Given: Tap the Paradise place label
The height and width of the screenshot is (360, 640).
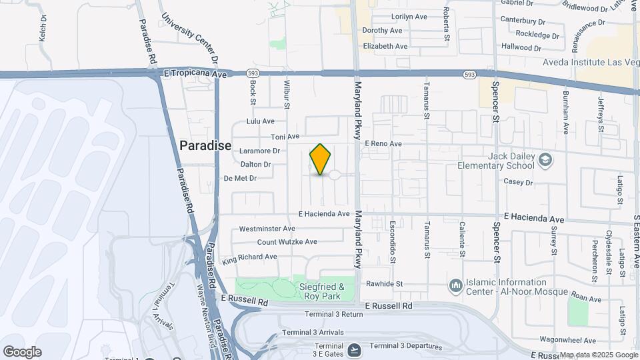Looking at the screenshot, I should (x=205, y=145).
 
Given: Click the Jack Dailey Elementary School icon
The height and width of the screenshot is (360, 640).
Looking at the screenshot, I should (x=545, y=159).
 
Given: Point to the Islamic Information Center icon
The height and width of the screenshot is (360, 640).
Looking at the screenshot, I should (x=456, y=285).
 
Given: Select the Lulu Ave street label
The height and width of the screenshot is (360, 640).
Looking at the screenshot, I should (x=260, y=121).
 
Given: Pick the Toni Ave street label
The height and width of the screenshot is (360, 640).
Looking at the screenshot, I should (x=283, y=136).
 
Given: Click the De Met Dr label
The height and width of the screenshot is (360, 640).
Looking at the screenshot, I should (x=240, y=178).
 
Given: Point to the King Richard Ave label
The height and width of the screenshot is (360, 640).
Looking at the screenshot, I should (x=250, y=257).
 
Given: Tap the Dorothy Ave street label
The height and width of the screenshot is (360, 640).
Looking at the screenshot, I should (x=382, y=31).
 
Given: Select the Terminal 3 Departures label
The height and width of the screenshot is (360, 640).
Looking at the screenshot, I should (x=406, y=346).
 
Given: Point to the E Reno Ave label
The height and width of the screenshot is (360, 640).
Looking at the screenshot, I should (x=383, y=143).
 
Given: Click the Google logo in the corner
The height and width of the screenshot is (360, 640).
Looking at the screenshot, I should (x=22, y=351).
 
